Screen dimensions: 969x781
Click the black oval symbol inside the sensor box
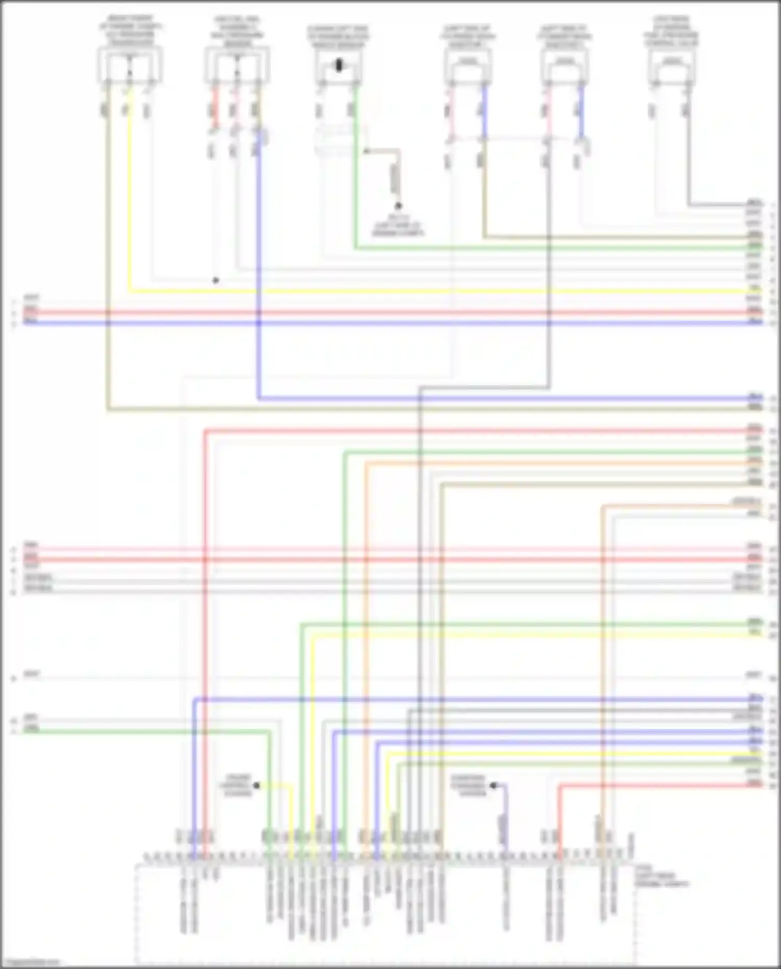click(x=339, y=65)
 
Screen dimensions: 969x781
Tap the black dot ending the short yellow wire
click(x=256, y=785)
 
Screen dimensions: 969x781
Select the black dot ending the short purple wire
click(x=493, y=785)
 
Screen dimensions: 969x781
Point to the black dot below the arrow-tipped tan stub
click(x=398, y=206)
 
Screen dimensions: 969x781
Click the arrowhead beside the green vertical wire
click(x=366, y=152)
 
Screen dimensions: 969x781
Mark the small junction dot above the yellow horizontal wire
click(x=216, y=280)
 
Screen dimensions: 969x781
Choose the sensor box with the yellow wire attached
click(x=130, y=65)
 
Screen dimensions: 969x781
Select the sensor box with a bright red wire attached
click(x=237, y=65)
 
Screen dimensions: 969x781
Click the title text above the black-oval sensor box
click(x=338, y=36)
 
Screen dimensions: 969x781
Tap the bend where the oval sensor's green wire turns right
click(x=356, y=248)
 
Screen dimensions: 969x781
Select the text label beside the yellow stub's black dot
click(x=237, y=785)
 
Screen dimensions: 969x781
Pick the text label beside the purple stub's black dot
click(x=469, y=785)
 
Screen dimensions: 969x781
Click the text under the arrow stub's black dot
click(x=398, y=225)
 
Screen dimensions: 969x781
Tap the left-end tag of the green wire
click(x=31, y=730)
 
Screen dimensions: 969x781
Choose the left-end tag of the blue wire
click(x=31, y=322)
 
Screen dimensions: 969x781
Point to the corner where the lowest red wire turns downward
click(x=560, y=785)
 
